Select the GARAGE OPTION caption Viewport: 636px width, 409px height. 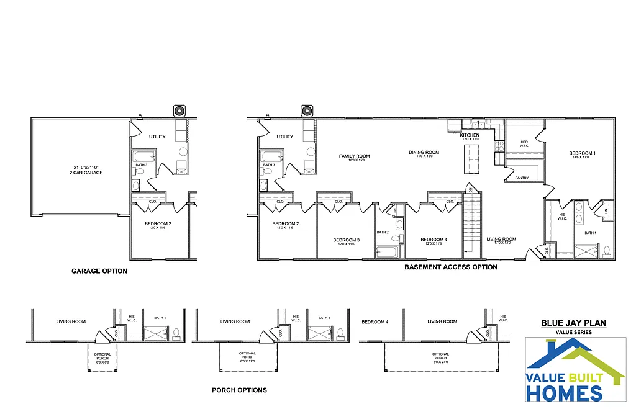[x=99, y=271]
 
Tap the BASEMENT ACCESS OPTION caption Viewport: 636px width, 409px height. [x=451, y=267]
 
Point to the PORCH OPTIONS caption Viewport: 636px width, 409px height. [x=239, y=390]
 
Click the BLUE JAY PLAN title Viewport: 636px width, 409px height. [x=573, y=323]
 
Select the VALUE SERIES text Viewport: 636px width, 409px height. [x=573, y=332]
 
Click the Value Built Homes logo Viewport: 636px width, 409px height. [x=575, y=370]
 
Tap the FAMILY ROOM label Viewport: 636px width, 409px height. [x=354, y=157]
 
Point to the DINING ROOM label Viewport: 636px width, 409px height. [x=424, y=153]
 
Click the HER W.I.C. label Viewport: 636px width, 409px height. [x=524, y=144]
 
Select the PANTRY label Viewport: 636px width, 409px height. [x=522, y=178]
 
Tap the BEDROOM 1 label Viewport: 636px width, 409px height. [x=582, y=154]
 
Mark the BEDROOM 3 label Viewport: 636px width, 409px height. [x=346, y=241]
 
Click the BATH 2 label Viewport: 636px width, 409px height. [x=383, y=232]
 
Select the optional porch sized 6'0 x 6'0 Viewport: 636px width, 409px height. [x=102, y=358]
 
